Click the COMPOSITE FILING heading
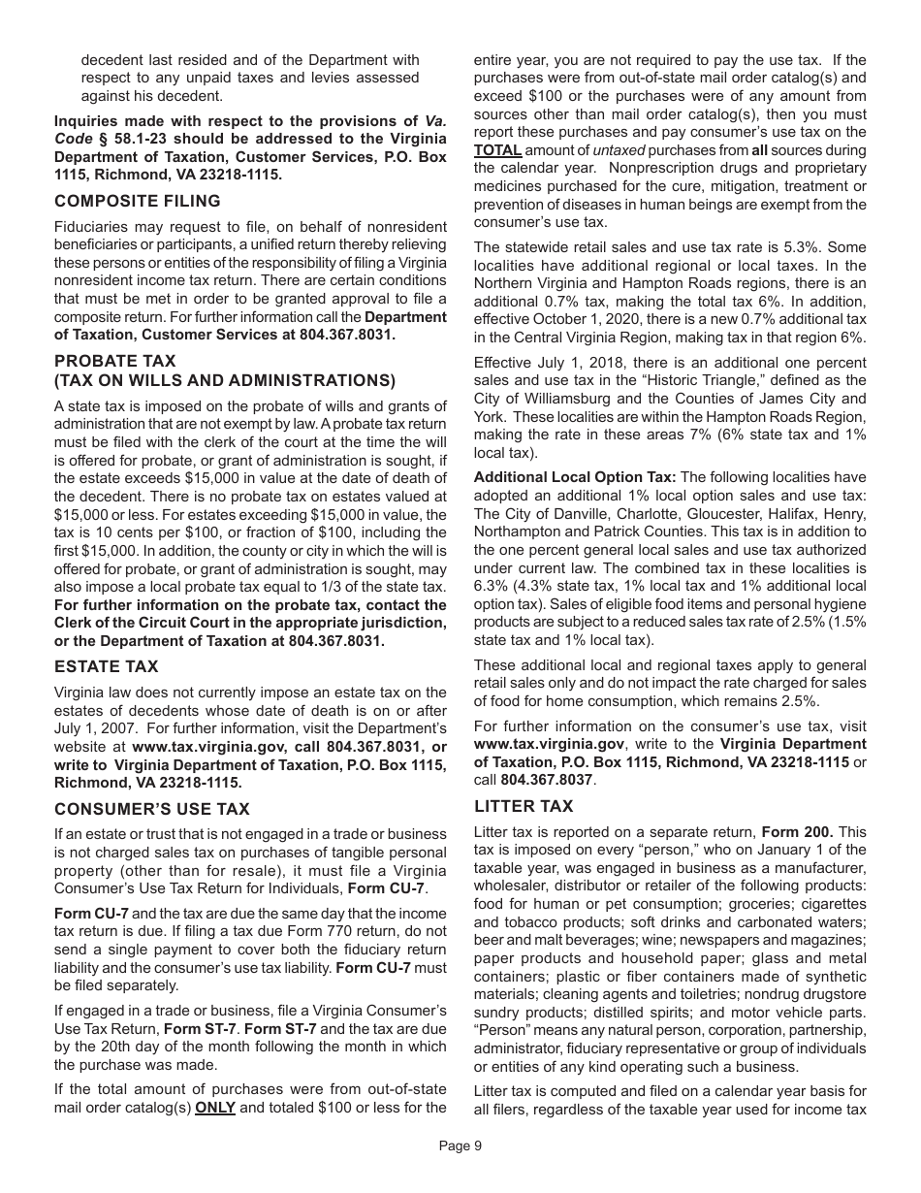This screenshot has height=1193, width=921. click(138, 201)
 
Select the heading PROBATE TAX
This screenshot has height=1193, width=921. click(115, 361)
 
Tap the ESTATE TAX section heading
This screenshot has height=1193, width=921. click(107, 667)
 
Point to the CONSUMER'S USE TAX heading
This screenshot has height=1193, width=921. click(152, 809)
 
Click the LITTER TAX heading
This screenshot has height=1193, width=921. click(524, 806)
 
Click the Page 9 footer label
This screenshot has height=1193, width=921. click(460, 1145)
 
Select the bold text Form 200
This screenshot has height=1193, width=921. click(797, 832)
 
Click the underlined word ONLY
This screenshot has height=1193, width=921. click(215, 1108)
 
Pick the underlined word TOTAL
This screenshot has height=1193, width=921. click(497, 150)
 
